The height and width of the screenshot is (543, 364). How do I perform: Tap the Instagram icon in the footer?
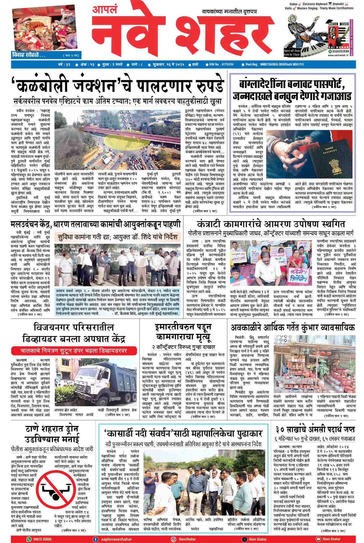pyautogui.click(x=173, y=539)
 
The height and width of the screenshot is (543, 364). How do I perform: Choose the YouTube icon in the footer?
pyautogui.click(x=318, y=539)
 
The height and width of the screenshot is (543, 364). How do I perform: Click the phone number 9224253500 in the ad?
pyautogui.click(x=339, y=51)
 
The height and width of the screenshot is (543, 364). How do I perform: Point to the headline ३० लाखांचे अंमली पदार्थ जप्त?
pyautogui.click(x=315, y=429)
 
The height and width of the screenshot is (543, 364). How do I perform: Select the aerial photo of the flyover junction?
pyautogui.click(x=119, y=140)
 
